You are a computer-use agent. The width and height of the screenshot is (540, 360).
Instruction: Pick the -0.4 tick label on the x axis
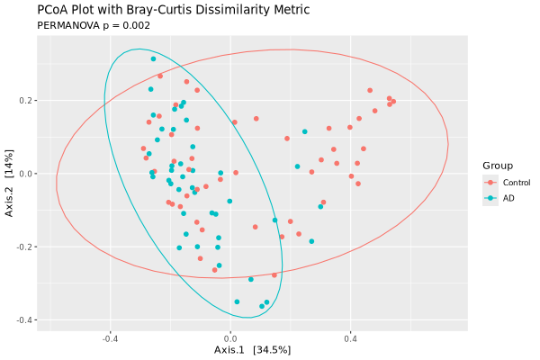click(x=111, y=339)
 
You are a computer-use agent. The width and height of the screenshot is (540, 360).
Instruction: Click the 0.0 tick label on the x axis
click(x=230, y=339)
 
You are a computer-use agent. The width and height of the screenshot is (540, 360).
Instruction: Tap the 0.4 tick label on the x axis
click(x=349, y=339)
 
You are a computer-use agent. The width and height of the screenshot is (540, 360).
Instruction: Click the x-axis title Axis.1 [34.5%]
click(x=252, y=349)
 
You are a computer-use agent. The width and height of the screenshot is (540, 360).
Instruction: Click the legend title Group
click(x=497, y=166)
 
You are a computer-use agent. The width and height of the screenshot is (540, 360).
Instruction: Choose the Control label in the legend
click(x=517, y=183)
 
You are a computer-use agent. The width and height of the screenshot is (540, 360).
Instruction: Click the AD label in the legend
click(x=508, y=198)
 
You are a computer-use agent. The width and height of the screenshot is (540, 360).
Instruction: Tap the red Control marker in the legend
click(x=490, y=183)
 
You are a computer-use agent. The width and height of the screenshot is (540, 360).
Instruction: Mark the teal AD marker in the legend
click(x=490, y=198)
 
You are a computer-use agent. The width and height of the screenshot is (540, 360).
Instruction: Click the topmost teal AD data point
click(x=154, y=59)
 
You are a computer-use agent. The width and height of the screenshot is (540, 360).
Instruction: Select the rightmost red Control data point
click(x=393, y=102)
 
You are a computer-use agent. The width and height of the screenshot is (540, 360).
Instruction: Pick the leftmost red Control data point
click(x=143, y=148)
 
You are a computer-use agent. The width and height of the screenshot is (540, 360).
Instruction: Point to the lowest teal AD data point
click(x=262, y=307)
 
